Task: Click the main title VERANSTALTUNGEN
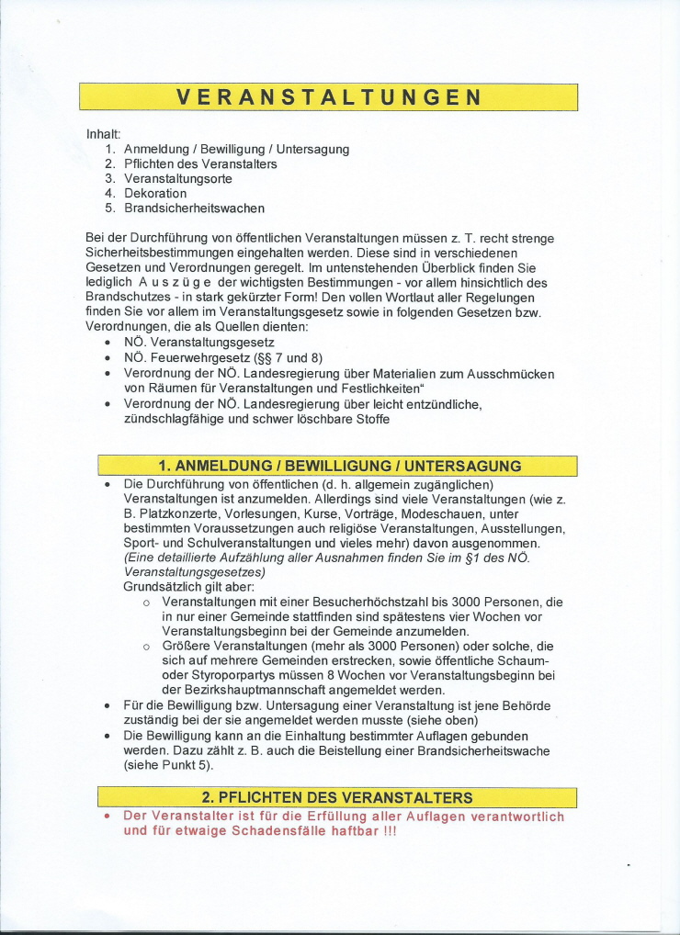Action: (328, 97)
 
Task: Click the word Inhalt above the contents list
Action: (103, 134)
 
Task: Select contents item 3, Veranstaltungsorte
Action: (177, 178)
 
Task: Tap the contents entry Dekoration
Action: (155, 193)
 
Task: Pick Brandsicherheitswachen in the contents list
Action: (194, 208)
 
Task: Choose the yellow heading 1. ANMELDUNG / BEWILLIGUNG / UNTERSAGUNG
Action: (328, 466)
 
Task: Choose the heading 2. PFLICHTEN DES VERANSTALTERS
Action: (337, 796)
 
